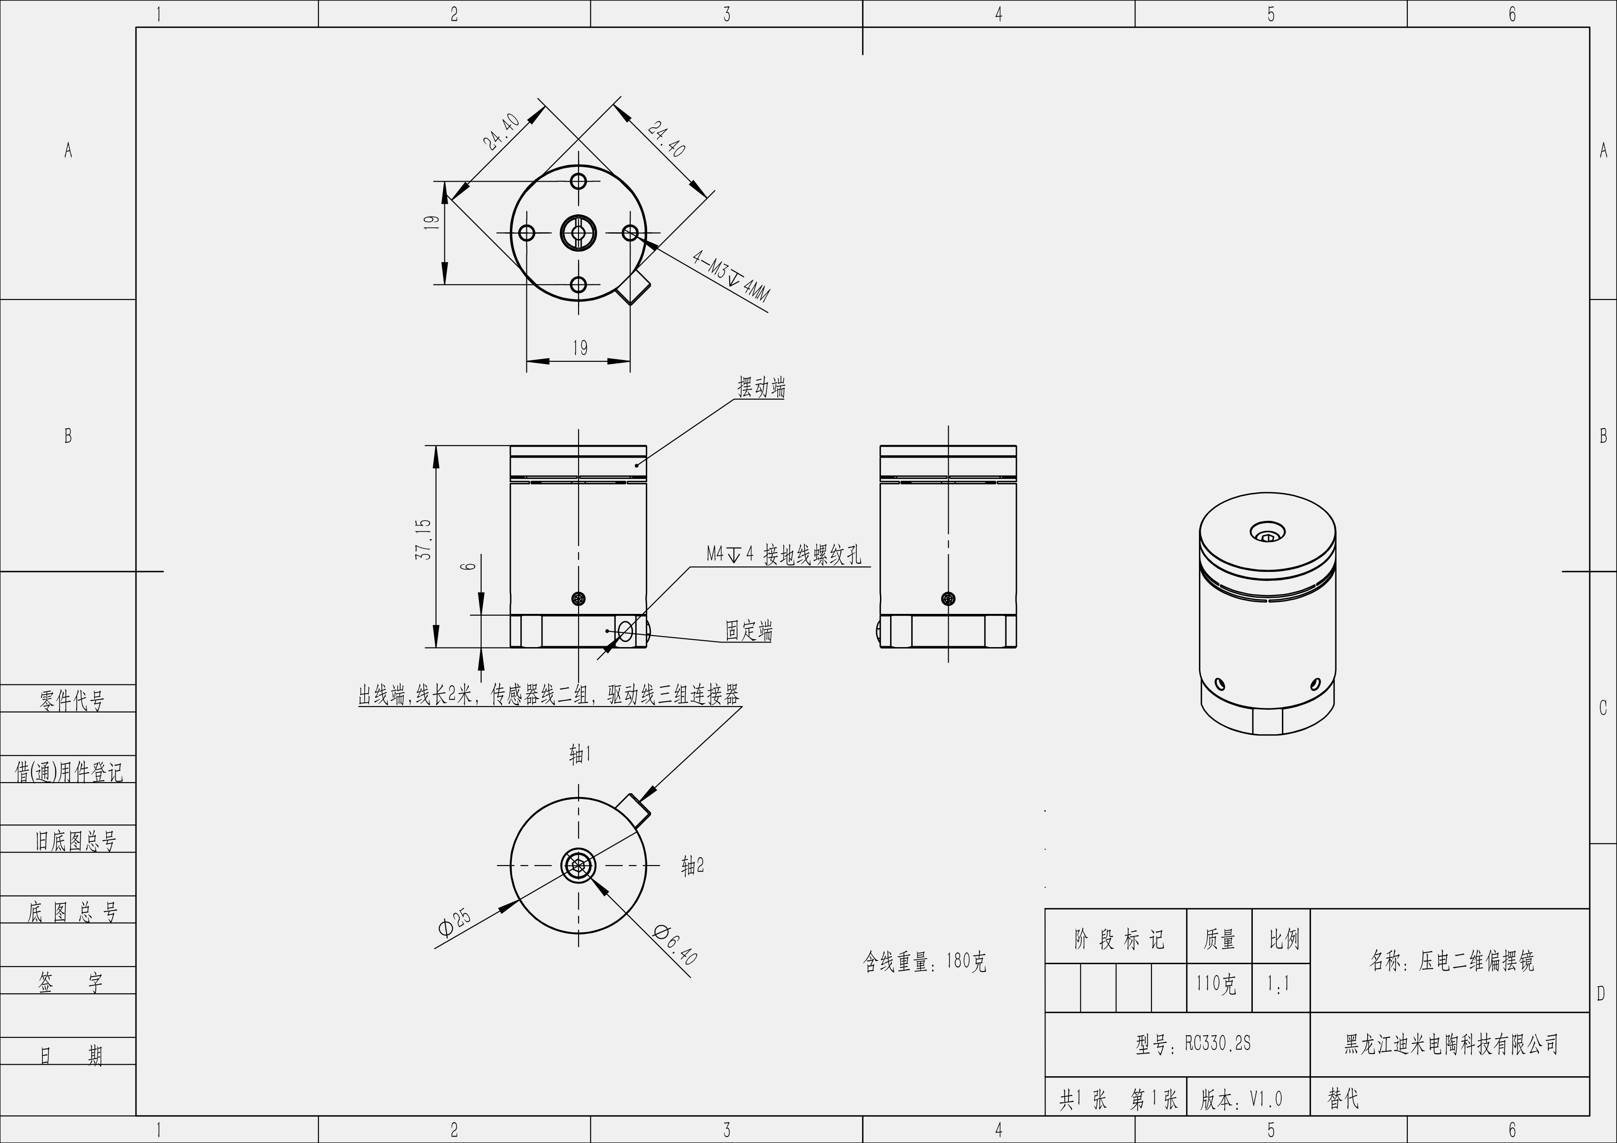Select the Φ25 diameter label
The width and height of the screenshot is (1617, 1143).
(454, 923)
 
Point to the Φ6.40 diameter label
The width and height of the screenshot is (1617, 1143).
(675, 944)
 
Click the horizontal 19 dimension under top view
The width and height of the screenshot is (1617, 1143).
(579, 348)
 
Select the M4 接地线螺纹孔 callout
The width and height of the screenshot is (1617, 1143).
(784, 555)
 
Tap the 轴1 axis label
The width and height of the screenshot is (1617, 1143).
(579, 755)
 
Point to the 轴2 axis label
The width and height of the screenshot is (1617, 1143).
(692, 866)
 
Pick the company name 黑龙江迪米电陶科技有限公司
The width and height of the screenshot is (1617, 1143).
(1451, 1044)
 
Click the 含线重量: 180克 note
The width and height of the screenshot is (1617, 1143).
(924, 961)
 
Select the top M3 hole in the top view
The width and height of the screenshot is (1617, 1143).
(578, 181)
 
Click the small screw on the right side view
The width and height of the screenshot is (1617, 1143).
(948, 599)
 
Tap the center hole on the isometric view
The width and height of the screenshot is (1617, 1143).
(1267, 532)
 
